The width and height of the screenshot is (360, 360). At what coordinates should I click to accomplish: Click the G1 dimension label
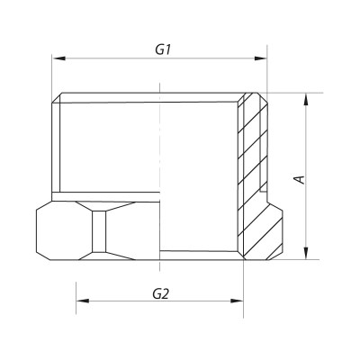163,50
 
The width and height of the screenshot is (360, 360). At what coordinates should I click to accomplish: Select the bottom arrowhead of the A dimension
307,255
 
